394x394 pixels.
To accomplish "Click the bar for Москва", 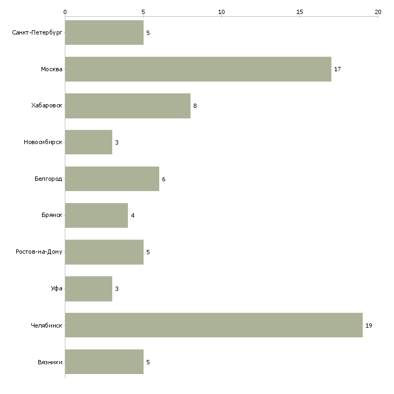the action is [x=198, y=69].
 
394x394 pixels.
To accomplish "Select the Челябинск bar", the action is [x=214, y=325].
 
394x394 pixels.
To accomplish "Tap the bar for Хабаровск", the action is [x=128, y=106].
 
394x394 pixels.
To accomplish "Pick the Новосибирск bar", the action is [x=89, y=142].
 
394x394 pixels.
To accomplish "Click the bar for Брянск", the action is [x=97, y=215].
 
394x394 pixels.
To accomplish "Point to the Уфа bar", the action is [x=89, y=289].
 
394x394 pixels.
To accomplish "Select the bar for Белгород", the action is [x=112, y=179].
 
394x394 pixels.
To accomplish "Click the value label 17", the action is [x=337, y=69].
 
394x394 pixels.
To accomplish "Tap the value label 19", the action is [x=369, y=325].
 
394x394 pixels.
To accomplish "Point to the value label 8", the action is [x=195, y=106].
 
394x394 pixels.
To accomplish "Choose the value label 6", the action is [x=164, y=179].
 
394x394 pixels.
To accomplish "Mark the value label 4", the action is [x=133, y=215].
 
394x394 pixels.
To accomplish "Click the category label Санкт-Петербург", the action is [x=37, y=33].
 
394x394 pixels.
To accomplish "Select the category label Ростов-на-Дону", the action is [x=39, y=252].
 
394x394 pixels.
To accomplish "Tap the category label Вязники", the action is [x=50, y=362].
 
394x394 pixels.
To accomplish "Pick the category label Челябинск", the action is [x=46, y=325].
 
